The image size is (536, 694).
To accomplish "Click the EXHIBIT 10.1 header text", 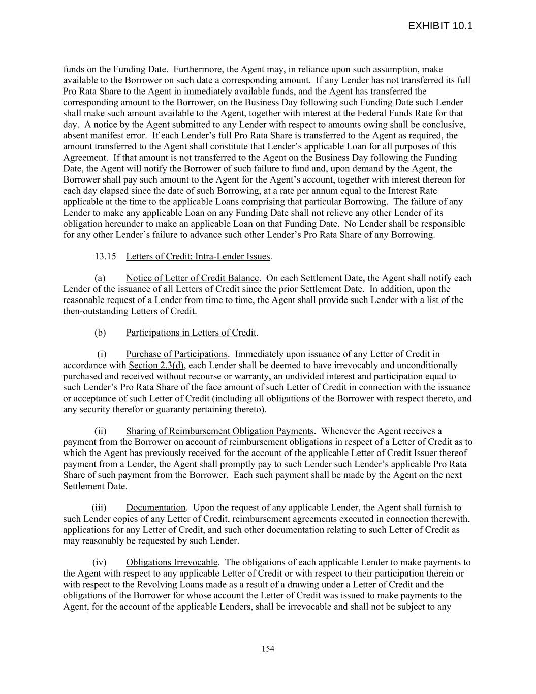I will tap(440, 26).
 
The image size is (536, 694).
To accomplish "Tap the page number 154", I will tap(268, 648).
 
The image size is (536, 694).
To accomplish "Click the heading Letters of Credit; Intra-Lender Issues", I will tap(198, 256).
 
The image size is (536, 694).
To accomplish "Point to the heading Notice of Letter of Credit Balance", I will tap(193, 278).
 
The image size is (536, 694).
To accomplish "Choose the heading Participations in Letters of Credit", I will tap(191, 333).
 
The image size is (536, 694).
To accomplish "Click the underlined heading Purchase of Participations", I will tap(176, 354).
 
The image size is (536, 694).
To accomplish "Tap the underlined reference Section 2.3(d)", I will tap(156, 366).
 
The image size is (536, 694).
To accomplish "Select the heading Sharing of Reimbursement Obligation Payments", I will tap(220, 431).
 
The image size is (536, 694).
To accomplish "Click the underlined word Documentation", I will tap(155, 508).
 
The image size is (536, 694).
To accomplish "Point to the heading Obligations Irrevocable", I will tap(172, 562).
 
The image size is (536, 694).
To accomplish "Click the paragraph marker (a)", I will tap(100, 278).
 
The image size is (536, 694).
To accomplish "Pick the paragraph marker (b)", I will tap(100, 333).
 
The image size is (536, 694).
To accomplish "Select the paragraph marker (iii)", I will tap(100, 508).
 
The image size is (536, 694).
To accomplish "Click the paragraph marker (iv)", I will tap(100, 562).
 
